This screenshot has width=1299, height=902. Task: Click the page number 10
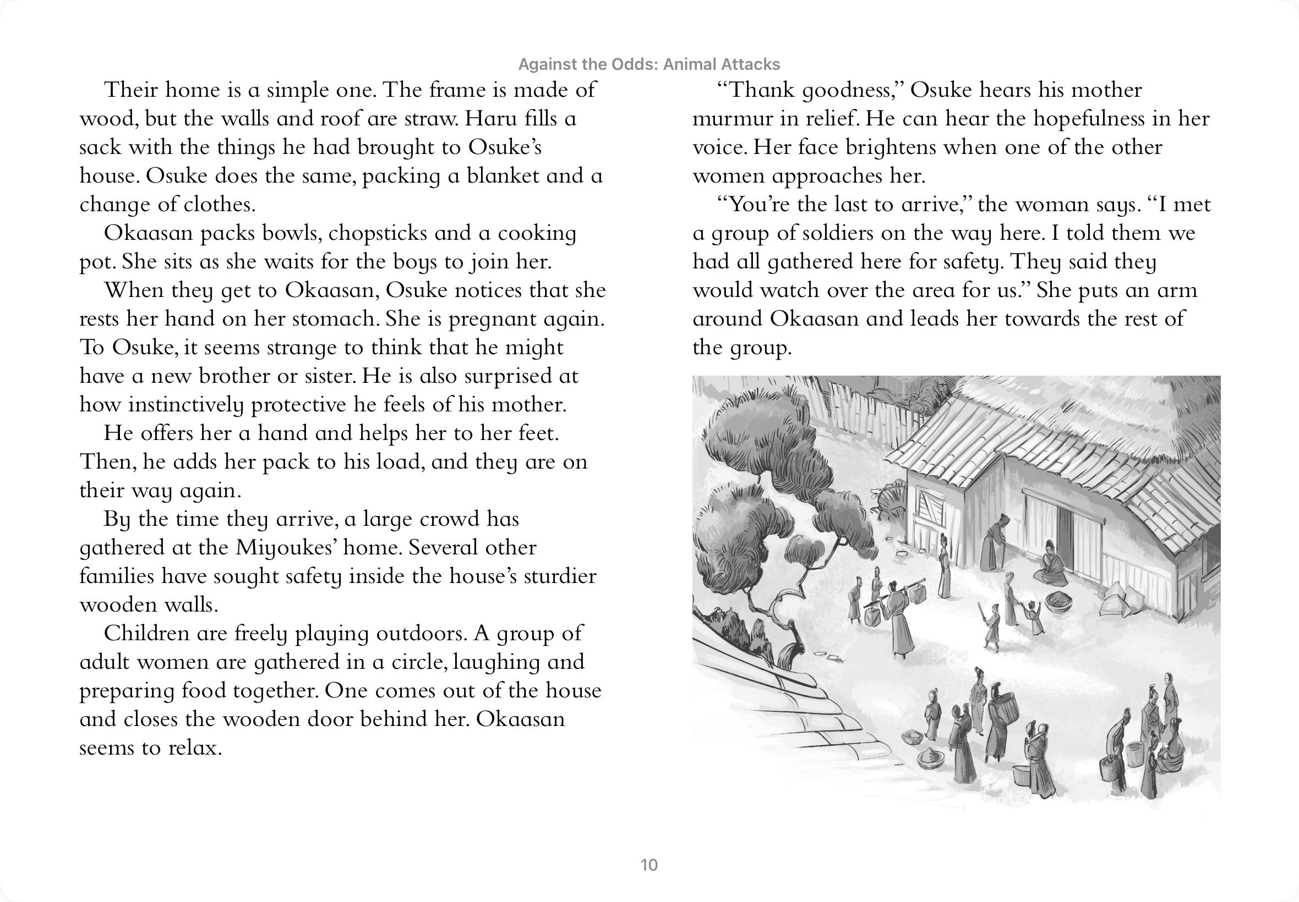649,865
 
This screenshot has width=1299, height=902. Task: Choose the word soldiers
831,233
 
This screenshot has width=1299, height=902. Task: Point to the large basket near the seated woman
1060,602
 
